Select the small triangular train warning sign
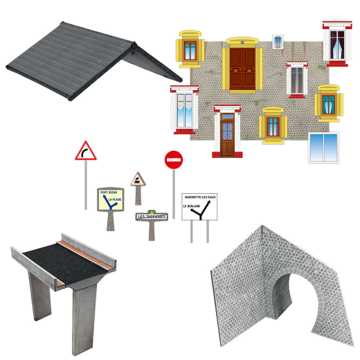click(137, 180)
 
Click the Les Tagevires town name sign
click(150, 216)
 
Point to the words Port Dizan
click(109, 192)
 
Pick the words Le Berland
click(190, 206)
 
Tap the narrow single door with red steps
click(226, 133)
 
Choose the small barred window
click(278, 40)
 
